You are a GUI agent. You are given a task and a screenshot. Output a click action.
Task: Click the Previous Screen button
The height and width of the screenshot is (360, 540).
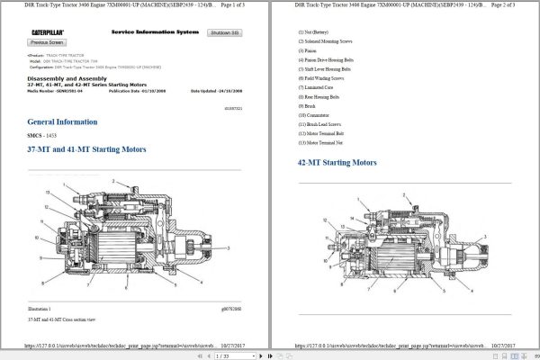pyautogui.click(x=46, y=42)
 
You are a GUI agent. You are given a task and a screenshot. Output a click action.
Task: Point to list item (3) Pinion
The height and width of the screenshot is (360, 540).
pyautogui.click(x=310, y=52)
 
